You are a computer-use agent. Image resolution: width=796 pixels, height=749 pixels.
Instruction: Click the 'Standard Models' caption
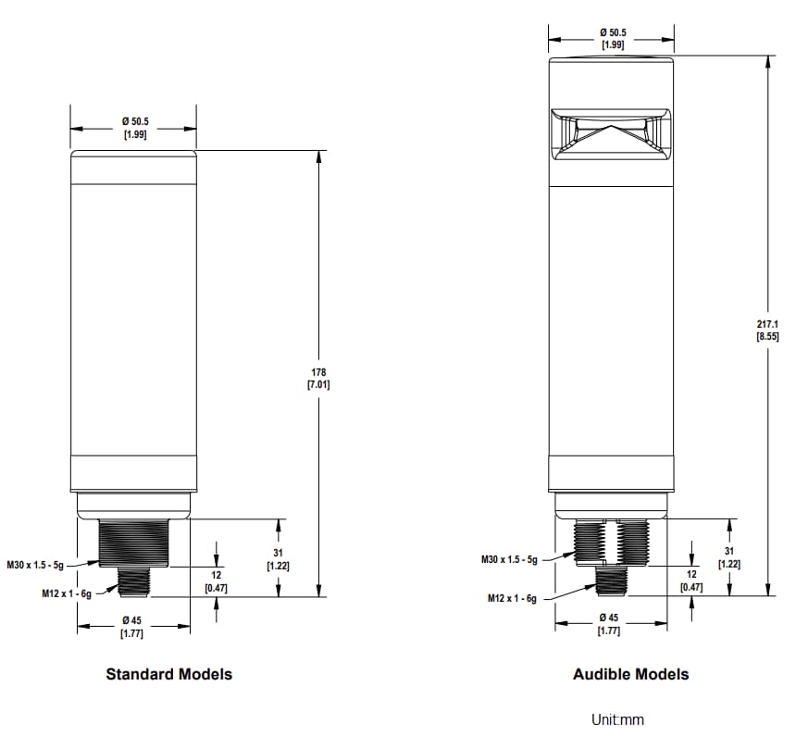tap(168, 674)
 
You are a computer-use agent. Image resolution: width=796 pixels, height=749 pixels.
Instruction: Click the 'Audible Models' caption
tap(630, 674)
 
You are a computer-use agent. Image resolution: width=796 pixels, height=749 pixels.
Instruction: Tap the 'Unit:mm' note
tap(617, 719)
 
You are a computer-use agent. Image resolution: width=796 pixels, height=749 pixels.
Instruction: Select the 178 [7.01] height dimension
tap(318, 378)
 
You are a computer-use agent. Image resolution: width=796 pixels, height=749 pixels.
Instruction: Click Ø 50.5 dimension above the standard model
tap(134, 128)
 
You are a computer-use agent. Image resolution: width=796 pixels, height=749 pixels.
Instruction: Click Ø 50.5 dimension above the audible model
tap(612, 38)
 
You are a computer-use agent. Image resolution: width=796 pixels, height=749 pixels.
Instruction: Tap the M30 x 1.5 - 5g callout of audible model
tap(508, 559)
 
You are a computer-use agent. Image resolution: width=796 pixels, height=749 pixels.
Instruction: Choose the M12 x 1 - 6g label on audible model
tap(512, 599)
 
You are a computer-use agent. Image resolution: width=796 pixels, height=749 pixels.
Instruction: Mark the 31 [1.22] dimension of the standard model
tap(278, 558)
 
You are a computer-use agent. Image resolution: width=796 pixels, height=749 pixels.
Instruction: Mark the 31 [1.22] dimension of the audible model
tap(728, 557)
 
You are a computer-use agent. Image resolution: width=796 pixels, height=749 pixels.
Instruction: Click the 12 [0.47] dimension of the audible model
tap(690, 580)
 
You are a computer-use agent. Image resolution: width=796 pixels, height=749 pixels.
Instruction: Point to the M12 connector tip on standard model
tap(133, 582)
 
